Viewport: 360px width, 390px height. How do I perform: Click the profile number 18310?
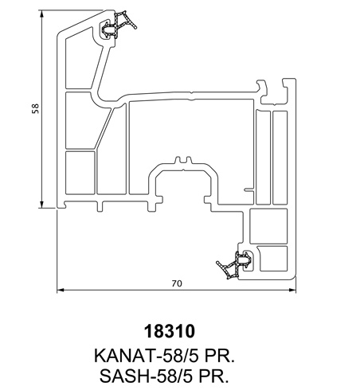[x=170, y=331]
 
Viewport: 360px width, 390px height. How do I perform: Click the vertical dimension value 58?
[x=35, y=108]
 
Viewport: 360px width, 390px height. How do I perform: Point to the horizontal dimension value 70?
[x=177, y=283]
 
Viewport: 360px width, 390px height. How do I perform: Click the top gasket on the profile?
[x=118, y=24]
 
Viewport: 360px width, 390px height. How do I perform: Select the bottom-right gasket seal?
[x=234, y=265]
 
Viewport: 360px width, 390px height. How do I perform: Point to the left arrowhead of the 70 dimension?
[x=61, y=290]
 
